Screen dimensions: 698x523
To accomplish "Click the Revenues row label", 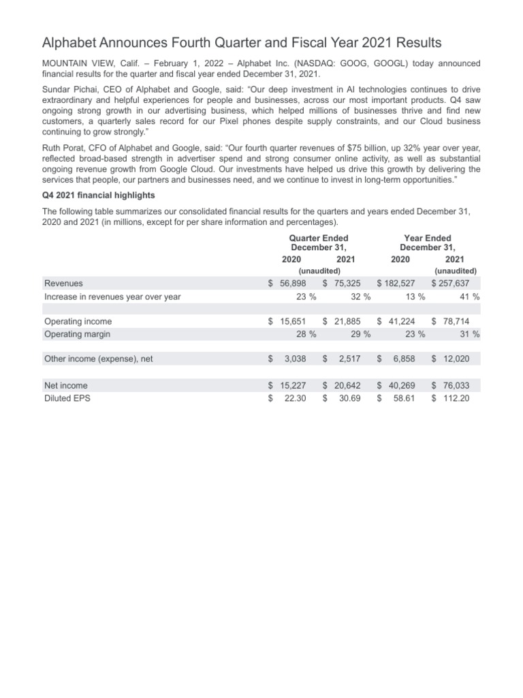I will (63, 284).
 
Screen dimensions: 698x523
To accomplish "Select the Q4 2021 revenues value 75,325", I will (345, 284).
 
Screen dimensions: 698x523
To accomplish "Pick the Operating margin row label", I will (77, 334).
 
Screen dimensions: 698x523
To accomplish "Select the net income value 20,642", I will (345, 385).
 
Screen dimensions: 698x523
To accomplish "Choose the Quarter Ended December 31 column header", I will (319, 243).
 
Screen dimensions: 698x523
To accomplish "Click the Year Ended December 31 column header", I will (428, 243).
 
